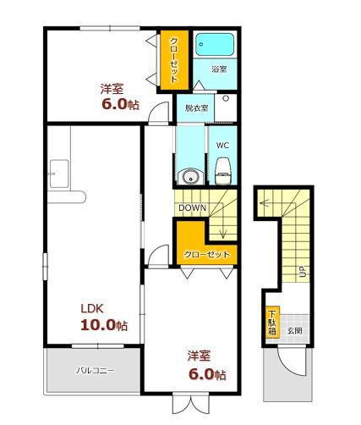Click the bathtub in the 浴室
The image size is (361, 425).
point(215,45)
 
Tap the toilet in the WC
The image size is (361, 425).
point(223,171)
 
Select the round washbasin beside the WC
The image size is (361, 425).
point(189,177)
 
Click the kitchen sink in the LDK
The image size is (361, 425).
point(59,174)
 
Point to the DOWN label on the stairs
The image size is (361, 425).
point(193,208)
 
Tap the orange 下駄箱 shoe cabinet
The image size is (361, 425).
point(272,323)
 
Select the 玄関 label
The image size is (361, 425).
point(295,330)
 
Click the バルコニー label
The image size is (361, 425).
point(96,370)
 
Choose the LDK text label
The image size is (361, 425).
point(92,308)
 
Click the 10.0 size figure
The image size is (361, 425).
point(98,325)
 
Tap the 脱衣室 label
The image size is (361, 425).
point(196,108)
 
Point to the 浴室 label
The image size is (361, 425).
point(219,69)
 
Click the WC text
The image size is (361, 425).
point(222,146)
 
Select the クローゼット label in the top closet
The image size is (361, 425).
point(174,60)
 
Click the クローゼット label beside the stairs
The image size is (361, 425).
point(206,255)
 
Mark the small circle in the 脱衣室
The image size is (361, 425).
point(226,98)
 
